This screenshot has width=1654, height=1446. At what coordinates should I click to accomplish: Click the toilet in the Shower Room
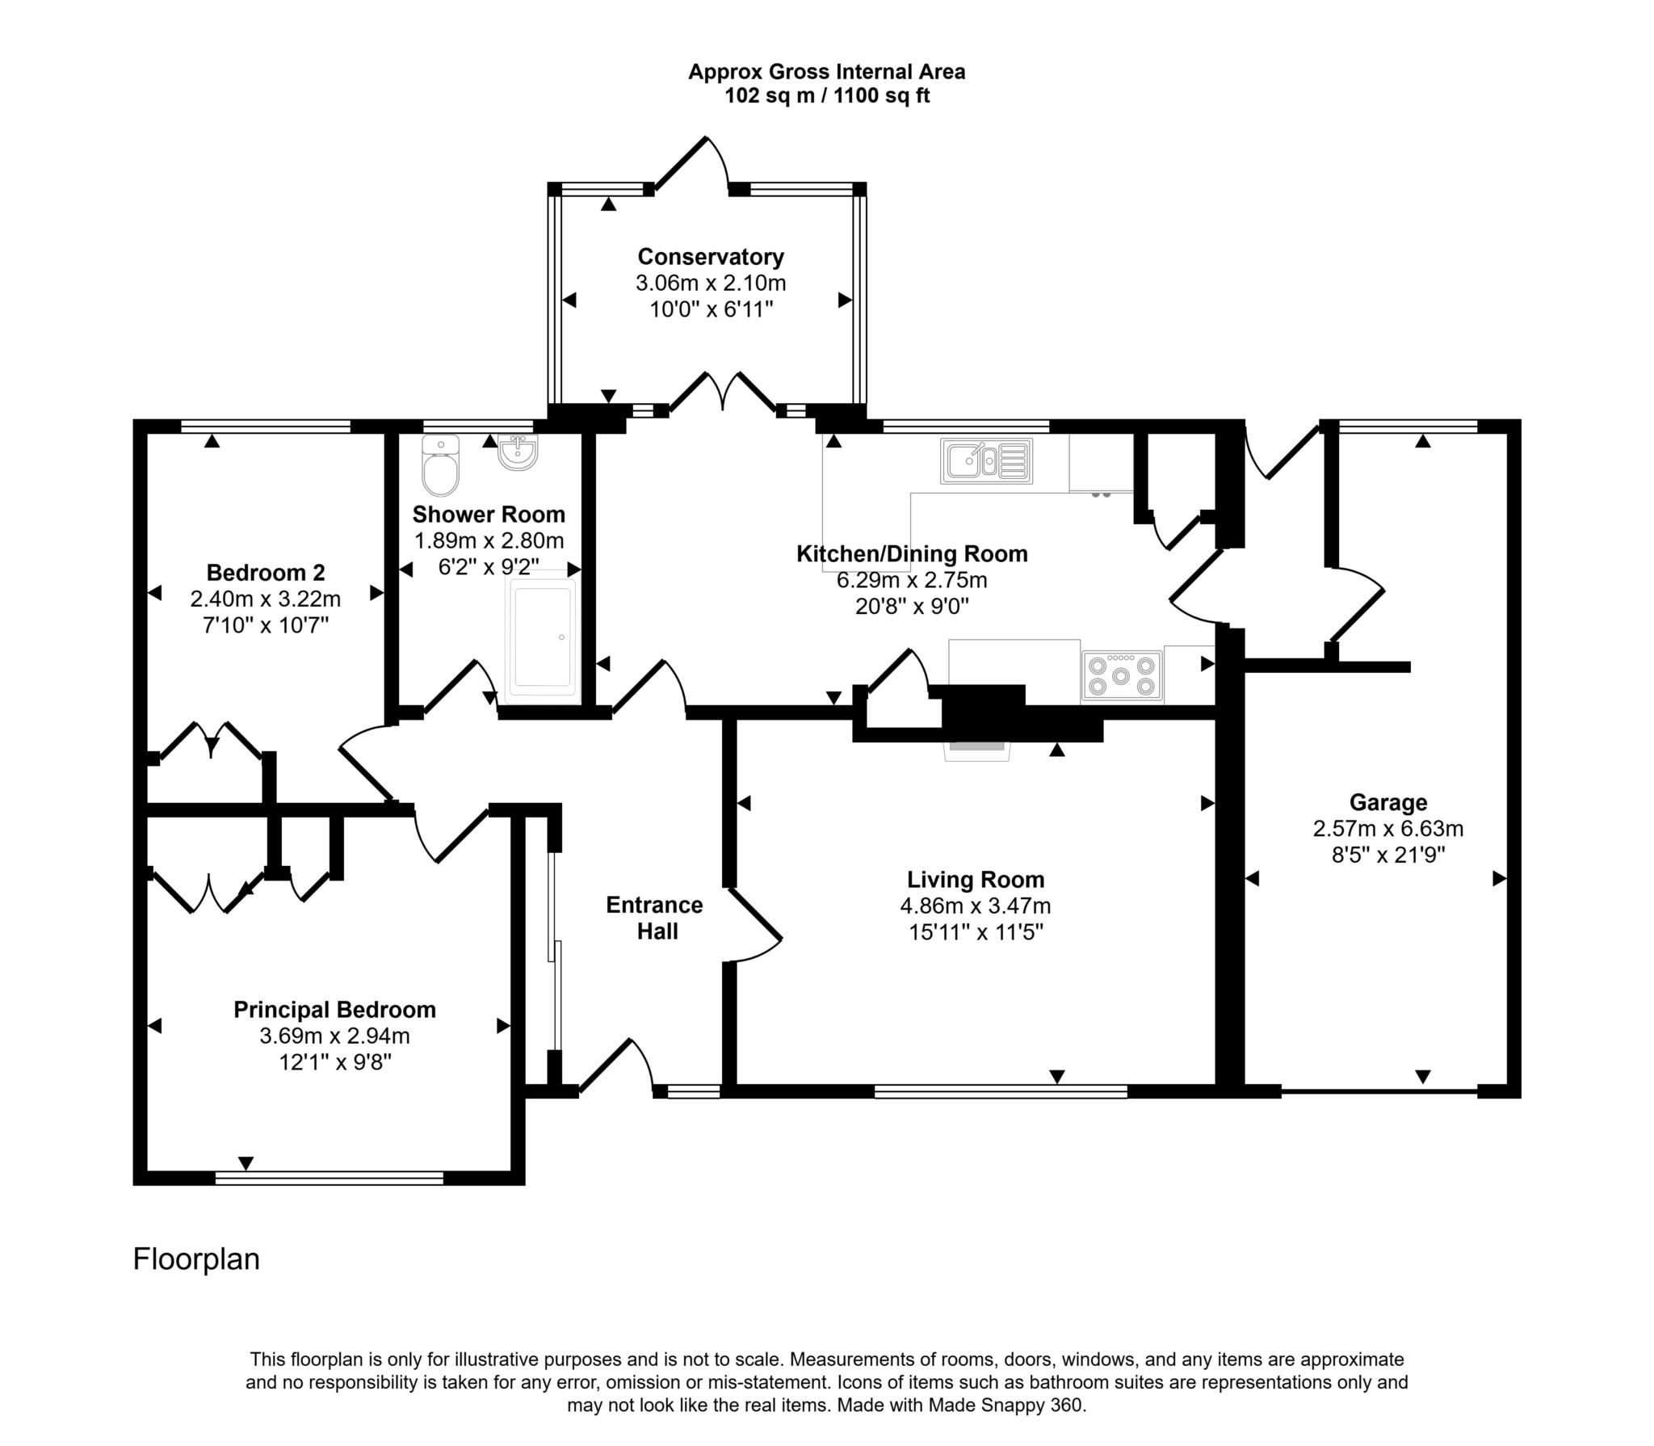point(440,466)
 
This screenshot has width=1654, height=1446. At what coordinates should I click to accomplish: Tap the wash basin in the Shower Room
point(518,452)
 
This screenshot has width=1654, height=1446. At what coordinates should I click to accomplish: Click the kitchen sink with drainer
point(986,461)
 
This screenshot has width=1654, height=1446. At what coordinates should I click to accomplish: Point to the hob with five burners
point(1122,675)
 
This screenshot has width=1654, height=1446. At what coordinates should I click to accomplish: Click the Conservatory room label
point(710,257)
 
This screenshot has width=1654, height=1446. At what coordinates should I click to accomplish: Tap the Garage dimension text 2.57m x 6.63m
point(1387,829)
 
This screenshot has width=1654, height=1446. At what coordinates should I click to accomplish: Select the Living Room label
point(975,880)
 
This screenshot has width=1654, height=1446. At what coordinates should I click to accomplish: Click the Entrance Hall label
point(654,918)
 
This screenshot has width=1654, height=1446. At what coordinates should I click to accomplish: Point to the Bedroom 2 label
point(266,573)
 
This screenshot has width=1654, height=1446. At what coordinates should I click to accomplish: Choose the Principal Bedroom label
point(334,1010)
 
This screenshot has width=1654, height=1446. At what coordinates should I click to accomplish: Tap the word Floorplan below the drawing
point(196,1259)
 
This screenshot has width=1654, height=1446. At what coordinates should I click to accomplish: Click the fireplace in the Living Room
point(978,750)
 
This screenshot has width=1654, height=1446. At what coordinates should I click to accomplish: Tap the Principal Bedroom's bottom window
point(330,1178)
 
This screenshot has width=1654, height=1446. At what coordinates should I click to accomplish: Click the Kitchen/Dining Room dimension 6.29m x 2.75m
point(912,580)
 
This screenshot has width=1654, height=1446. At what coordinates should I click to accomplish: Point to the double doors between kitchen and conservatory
point(723,393)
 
